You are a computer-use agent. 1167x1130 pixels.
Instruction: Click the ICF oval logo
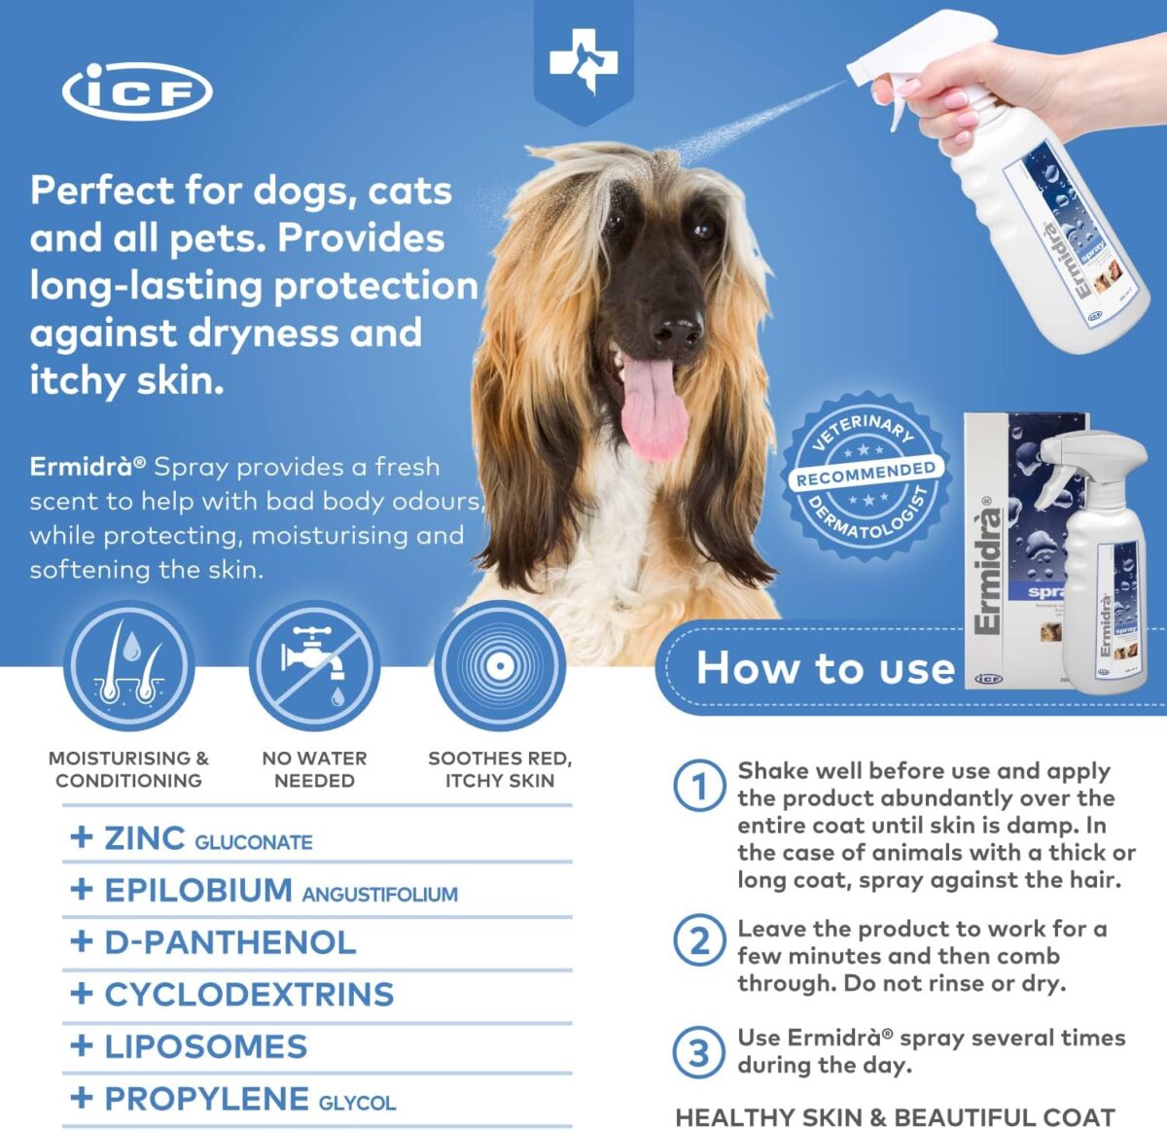tap(137, 91)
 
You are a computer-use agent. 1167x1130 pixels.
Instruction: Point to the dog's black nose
tap(677, 331)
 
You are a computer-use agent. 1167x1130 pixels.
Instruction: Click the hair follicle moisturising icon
tap(129, 666)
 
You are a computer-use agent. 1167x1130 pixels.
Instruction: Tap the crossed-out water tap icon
tap(314, 666)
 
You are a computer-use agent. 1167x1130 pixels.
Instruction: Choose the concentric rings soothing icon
tap(500, 666)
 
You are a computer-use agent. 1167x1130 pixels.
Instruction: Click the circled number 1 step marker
tap(699, 786)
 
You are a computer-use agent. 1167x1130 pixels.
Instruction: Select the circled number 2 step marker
tap(699, 941)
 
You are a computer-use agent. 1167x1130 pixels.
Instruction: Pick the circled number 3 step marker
tap(699, 1053)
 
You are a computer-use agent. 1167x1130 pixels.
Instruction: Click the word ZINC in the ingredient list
tap(145, 838)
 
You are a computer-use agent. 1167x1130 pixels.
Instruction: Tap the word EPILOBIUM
tap(198, 890)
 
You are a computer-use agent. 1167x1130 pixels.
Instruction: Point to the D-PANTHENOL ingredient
tap(230, 942)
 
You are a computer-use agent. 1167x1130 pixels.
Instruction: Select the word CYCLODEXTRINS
tap(250, 995)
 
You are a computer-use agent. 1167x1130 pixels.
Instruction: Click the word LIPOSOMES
tap(206, 1046)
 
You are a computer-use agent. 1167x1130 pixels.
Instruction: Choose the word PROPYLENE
tap(206, 1099)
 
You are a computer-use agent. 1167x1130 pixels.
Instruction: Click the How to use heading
tap(826, 667)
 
